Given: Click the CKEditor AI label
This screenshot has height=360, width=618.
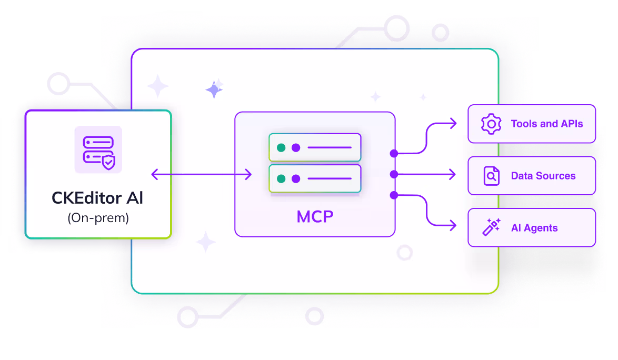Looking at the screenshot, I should coord(97,198).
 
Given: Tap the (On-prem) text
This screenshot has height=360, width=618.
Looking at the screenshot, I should coord(98,217).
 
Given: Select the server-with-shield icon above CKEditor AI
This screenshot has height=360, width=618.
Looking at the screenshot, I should coord(98,149).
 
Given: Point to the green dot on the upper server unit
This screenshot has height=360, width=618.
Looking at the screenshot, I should coord(281,147).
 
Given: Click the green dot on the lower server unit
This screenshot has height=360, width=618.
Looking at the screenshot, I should coord(281,178).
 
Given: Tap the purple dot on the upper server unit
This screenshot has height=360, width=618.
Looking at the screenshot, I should coord(296,147).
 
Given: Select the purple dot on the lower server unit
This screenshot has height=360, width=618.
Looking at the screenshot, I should coord(296,178).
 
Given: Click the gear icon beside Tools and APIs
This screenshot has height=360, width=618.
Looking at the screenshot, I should coord(491,124).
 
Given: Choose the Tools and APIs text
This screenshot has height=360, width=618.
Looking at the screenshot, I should coord(547,124).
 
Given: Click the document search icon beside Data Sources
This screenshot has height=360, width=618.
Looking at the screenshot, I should coord(491,176).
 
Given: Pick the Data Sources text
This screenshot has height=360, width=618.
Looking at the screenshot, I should coord(543,176).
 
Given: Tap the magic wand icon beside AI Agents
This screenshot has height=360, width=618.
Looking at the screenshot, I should coord(491,227).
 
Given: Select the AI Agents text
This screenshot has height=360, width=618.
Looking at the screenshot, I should coord(534,228).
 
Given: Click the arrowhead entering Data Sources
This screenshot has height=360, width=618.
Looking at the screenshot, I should coord(453,174).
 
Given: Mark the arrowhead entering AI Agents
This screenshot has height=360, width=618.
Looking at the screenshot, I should coord(453,226).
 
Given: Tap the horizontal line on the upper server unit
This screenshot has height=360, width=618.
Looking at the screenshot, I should coord(329,147).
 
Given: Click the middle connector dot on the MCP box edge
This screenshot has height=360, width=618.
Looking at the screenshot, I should coord(393,174).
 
